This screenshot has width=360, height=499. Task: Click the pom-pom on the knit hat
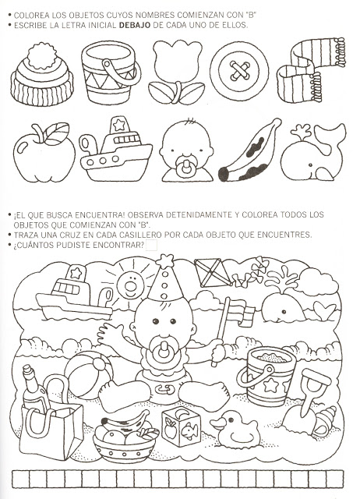[x=41, y=56]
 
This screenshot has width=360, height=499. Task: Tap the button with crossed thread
[x=239, y=71]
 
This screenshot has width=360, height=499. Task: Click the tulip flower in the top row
[x=177, y=72]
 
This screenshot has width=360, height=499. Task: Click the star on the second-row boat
[x=119, y=125]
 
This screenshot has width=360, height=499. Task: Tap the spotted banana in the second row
[x=249, y=150]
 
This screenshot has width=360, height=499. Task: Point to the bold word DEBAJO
[x=135, y=25]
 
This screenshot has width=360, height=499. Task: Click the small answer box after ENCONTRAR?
[x=151, y=246]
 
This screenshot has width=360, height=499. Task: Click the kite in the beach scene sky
[x=213, y=272]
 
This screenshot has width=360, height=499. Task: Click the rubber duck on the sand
[x=235, y=429]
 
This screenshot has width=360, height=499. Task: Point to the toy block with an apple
[x=181, y=426]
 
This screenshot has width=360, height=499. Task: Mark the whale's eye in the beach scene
[x=284, y=311]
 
